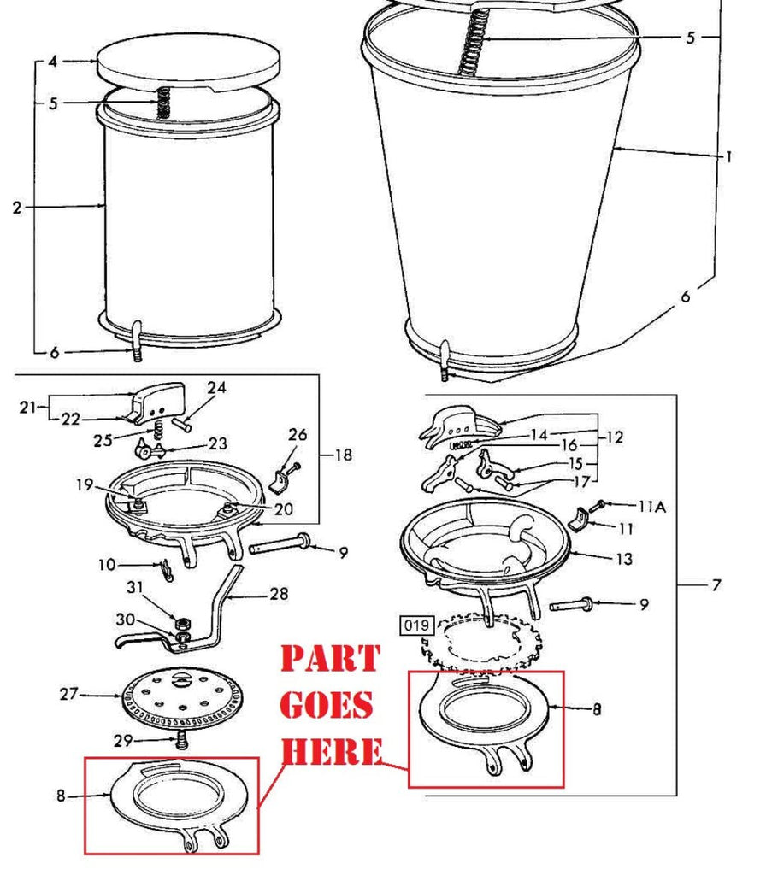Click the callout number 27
(68, 694)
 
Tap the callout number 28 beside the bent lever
(279, 593)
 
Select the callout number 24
(216, 388)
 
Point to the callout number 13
(624, 560)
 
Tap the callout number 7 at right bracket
(716, 585)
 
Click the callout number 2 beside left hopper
(17, 207)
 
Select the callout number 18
(343, 455)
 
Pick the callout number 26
(297, 435)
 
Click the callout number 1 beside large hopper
(728, 157)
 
